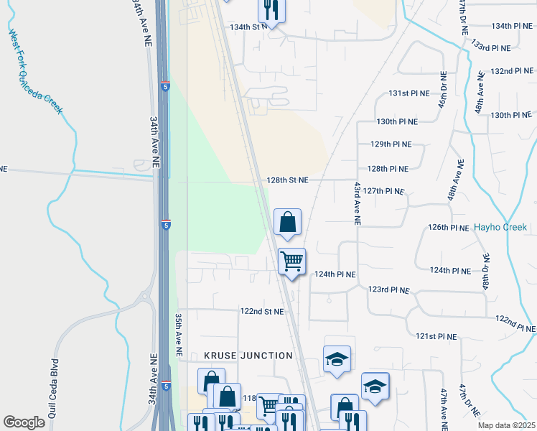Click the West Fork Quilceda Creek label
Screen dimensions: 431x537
(x=35, y=72)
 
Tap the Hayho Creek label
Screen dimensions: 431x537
(x=500, y=227)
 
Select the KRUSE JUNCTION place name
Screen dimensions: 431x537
(x=248, y=356)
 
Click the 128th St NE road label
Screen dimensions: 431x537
(x=288, y=180)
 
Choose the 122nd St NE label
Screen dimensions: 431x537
(x=262, y=312)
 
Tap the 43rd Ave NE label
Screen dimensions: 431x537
(x=356, y=203)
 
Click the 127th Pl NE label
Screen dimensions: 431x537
(x=384, y=192)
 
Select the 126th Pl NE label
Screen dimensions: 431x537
(x=449, y=227)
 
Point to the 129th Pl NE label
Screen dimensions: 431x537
(x=391, y=144)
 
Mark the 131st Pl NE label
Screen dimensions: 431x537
(x=408, y=93)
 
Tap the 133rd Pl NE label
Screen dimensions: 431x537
(x=490, y=47)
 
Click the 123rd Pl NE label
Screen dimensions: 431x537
(x=388, y=289)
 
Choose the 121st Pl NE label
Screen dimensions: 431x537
(x=436, y=336)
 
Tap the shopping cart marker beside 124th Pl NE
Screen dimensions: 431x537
(x=292, y=261)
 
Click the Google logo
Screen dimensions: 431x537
(x=24, y=422)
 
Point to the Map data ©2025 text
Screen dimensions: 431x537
(x=506, y=425)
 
